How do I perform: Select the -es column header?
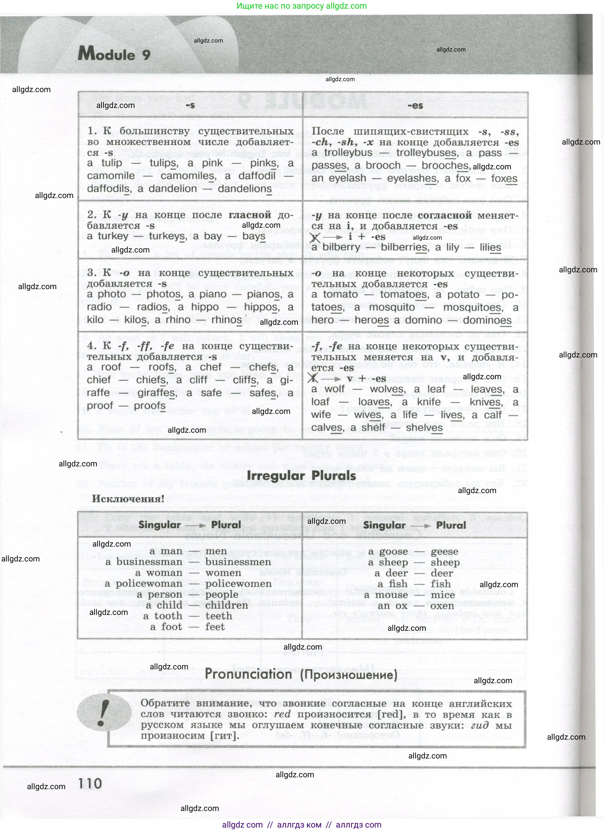coord(415,106)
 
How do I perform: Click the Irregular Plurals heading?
coord(301,476)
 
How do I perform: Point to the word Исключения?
coord(128,499)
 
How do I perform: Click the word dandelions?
coord(245,189)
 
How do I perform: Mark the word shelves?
coord(424,428)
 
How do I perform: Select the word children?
coord(226,605)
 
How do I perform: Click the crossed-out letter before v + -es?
coord(313,378)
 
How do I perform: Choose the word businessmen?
coord(238,562)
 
